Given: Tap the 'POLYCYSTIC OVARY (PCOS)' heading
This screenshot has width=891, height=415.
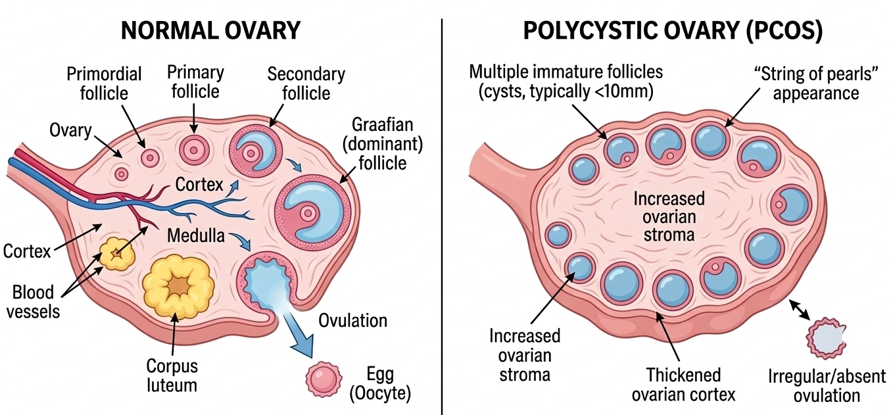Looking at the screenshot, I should [673, 30].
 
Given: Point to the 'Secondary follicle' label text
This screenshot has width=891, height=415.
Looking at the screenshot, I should [306, 83].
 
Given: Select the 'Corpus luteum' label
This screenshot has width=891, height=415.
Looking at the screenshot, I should [172, 375].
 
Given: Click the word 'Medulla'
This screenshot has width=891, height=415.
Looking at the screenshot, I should [196, 234].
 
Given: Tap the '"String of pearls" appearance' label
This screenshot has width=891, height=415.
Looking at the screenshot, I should [815, 84].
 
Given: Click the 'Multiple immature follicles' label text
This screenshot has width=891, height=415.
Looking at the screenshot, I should [566, 82].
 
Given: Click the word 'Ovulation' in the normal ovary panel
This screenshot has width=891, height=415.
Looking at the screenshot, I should [352, 321].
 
